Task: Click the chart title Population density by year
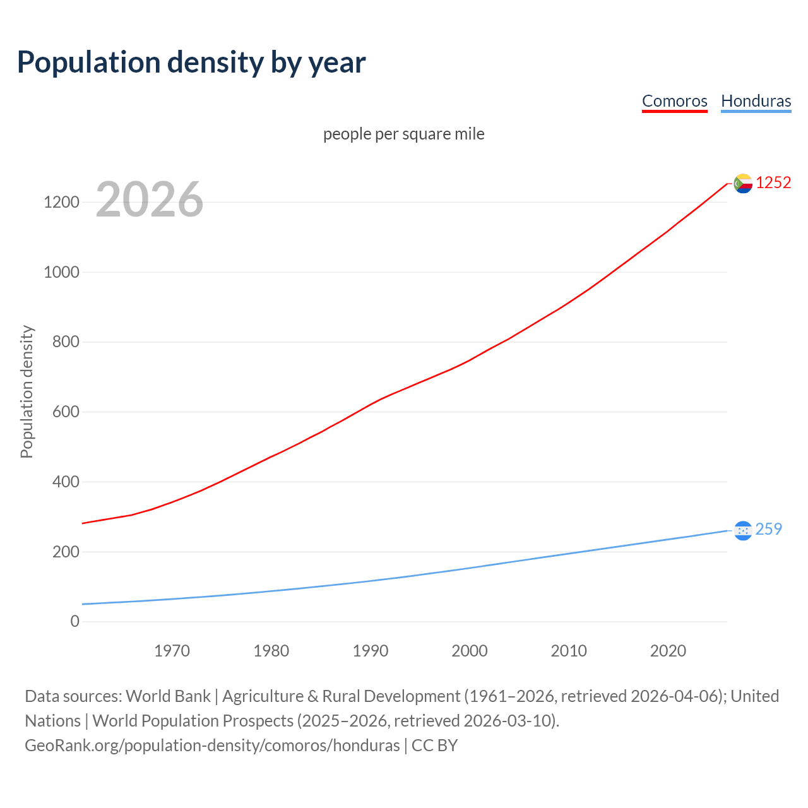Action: point(191,62)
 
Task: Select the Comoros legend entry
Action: point(674,101)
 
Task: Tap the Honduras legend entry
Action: point(756,101)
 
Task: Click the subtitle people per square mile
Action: point(404,134)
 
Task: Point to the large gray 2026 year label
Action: point(150,199)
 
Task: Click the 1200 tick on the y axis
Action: point(61,203)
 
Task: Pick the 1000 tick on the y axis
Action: point(61,272)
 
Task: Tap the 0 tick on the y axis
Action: point(75,622)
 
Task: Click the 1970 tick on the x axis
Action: point(172,651)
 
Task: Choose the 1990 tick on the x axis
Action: point(371,651)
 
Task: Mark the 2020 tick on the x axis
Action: point(668,651)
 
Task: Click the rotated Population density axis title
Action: point(27,391)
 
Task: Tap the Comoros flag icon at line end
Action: point(743,183)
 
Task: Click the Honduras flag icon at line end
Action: point(743,530)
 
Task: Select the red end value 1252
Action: point(773,182)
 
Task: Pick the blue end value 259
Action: point(768,529)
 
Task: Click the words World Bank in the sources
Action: point(168,696)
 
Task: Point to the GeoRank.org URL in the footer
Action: point(212,746)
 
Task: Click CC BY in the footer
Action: point(434,746)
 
